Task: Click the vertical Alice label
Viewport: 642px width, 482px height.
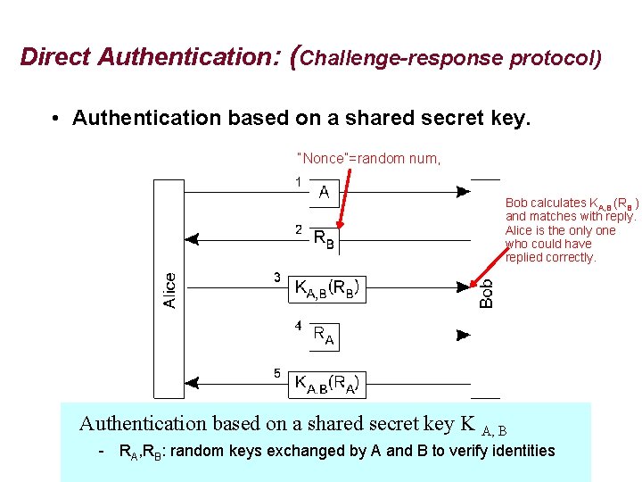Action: (169, 291)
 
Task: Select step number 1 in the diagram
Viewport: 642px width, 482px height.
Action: (298, 182)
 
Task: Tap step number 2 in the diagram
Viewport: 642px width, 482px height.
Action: (299, 229)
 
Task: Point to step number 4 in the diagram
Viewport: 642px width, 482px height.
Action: (299, 326)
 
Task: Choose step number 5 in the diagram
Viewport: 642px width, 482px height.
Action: (277, 373)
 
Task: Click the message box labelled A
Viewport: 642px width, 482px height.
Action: (324, 192)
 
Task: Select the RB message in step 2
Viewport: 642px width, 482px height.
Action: (325, 238)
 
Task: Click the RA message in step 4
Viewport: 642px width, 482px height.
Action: (324, 336)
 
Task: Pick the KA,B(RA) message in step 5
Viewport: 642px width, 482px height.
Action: (327, 384)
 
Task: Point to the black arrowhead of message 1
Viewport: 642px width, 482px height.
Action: (463, 191)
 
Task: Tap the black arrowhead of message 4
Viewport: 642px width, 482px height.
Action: (463, 336)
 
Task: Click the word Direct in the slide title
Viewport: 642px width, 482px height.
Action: (55, 58)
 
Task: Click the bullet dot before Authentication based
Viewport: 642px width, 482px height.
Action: (55, 119)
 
